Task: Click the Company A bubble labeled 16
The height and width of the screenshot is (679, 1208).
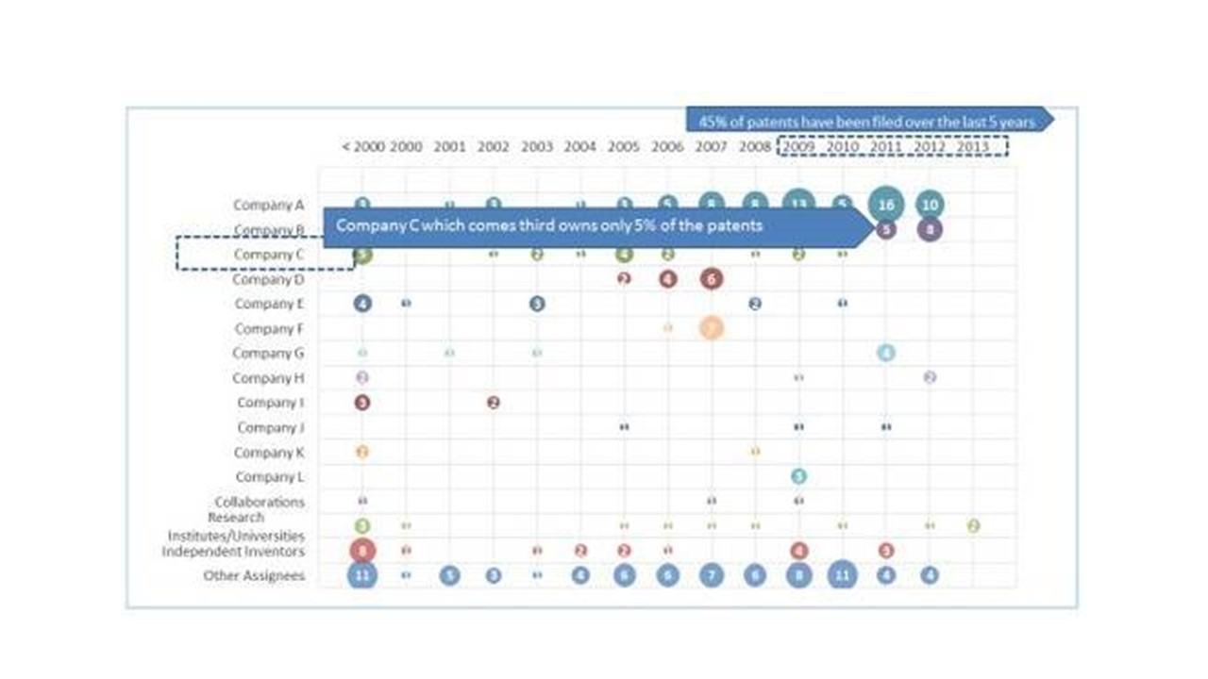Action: pos(885,205)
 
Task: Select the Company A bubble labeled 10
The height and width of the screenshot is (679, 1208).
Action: pos(930,205)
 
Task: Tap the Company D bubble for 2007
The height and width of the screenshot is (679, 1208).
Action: pos(712,278)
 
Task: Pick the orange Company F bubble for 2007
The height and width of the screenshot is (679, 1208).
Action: pos(712,327)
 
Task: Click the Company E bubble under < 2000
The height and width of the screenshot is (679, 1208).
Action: pos(362,304)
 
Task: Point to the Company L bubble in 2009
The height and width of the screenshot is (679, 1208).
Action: pos(798,476)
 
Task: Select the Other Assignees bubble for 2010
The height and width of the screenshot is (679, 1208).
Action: pos(842,574)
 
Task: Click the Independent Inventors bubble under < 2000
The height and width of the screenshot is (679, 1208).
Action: pos(362,550)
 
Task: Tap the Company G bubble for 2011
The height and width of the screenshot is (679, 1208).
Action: pos(885,353)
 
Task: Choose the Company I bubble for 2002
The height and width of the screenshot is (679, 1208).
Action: pos(493,403)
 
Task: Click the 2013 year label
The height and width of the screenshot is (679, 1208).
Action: pos(973,147)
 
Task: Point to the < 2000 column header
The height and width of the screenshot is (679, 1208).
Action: pos(363,147)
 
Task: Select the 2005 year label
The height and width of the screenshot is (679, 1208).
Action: pos(623,147)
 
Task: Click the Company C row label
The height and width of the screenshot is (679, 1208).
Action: pos(269,255)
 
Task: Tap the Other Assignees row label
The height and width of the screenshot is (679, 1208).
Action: pos(254,575)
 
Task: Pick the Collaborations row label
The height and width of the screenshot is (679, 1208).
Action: pos(260,502)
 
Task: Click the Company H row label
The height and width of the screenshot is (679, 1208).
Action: pos(269,378)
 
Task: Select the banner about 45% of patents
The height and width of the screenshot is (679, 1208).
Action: pos(866,122)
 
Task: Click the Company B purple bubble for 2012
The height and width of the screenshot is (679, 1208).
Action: pos(930,229)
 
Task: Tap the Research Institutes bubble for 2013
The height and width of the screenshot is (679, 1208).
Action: pos(973,525)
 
